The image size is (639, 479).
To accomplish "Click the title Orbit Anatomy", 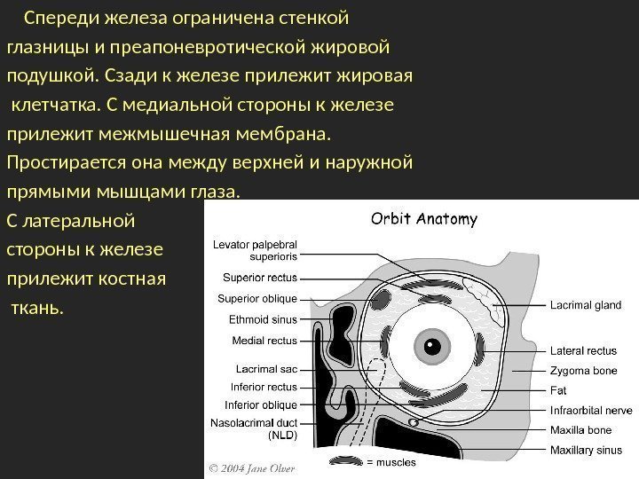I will pyautogui.click(x=423, y=218).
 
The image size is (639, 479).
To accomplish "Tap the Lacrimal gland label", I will pyautogui.click(x=586, y=305).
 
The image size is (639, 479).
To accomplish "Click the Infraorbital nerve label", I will pyautogui.click(x=591, y=411).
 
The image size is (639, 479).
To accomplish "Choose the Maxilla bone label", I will pyautogui.click(x=581, y=430).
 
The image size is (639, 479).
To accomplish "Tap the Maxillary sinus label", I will pyautogui.click(x=587, y=451).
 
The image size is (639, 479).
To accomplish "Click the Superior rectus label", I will pyautogui.click(x=260, y=277).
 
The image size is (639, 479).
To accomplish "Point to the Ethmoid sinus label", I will pyautogui.click(x=264, y=318).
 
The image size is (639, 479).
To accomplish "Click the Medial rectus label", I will pyautogui.click(x=264, y=341).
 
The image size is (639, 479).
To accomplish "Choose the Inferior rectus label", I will pyautogui.click(x=264, y=387).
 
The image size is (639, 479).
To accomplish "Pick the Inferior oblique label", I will pyautogui.click(x=264, y=405).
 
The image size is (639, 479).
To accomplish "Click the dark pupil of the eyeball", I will pyautogui.click(x=433, y=342).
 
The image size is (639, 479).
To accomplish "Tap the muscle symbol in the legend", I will pyautogui.click(x=345, y=461).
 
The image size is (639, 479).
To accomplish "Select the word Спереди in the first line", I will pyautogui.click(x=63, y=17).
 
